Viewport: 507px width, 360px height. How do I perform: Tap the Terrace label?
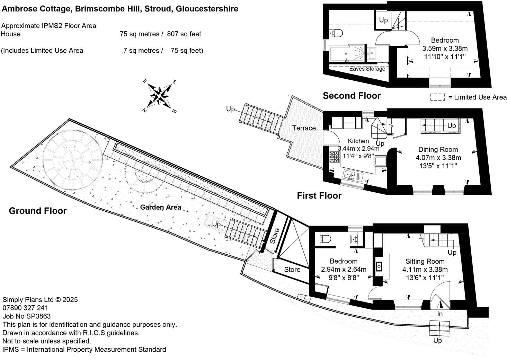(304, 128)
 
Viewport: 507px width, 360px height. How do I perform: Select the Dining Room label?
(438, 150)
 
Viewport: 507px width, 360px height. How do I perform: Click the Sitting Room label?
(425, 261)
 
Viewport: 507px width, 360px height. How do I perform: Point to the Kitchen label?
(358, 141)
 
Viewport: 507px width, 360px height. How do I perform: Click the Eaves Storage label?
(367, 69)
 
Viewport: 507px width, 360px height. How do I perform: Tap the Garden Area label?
(160, 207)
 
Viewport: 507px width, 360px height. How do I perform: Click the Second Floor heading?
(352, 96)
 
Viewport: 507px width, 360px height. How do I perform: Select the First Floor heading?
(319, 196)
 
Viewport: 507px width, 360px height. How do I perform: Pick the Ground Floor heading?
(37, 211)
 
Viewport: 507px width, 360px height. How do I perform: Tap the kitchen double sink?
(352, 175)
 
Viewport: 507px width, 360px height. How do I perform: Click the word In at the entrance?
(440, 314)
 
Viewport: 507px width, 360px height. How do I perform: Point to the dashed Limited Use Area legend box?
(437, 97)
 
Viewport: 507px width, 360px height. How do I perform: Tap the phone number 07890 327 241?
(25, 308)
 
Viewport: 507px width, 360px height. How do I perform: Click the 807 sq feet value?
(184, 34)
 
